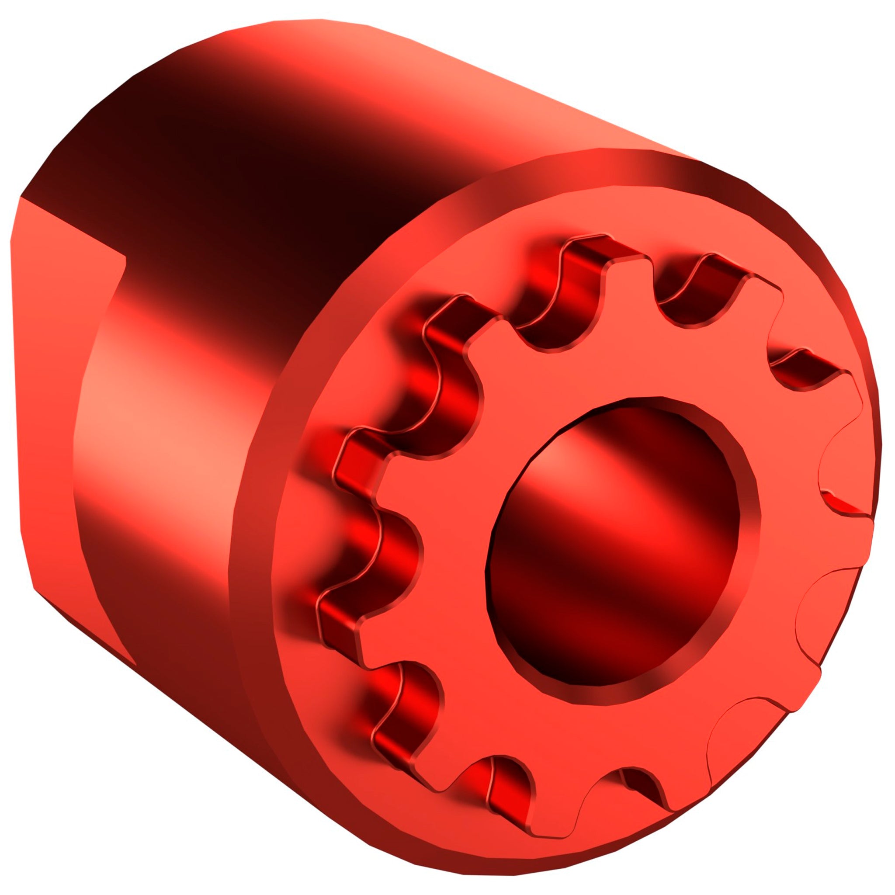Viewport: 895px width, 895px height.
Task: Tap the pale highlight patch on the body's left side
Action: coord(153,417)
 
